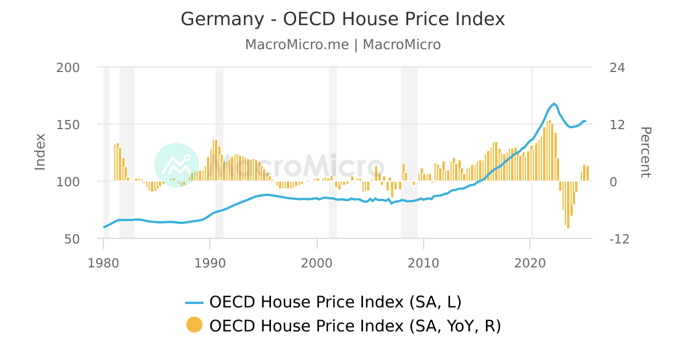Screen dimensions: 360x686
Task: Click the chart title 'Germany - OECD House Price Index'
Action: (343, 19)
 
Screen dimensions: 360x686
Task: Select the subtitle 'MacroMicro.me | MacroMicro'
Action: (343, 45)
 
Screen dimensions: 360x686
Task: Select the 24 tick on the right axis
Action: (617, 67)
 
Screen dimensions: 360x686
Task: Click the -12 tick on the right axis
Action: (620, 239)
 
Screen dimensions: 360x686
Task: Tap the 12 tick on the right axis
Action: (617, 125)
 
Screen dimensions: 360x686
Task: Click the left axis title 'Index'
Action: (40, 151)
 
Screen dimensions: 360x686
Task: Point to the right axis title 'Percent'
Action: (645, 152)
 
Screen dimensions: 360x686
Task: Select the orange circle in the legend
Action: (194, 325)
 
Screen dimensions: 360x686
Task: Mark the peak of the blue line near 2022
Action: (554, 103)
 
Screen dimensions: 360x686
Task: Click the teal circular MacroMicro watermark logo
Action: (176, 165)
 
